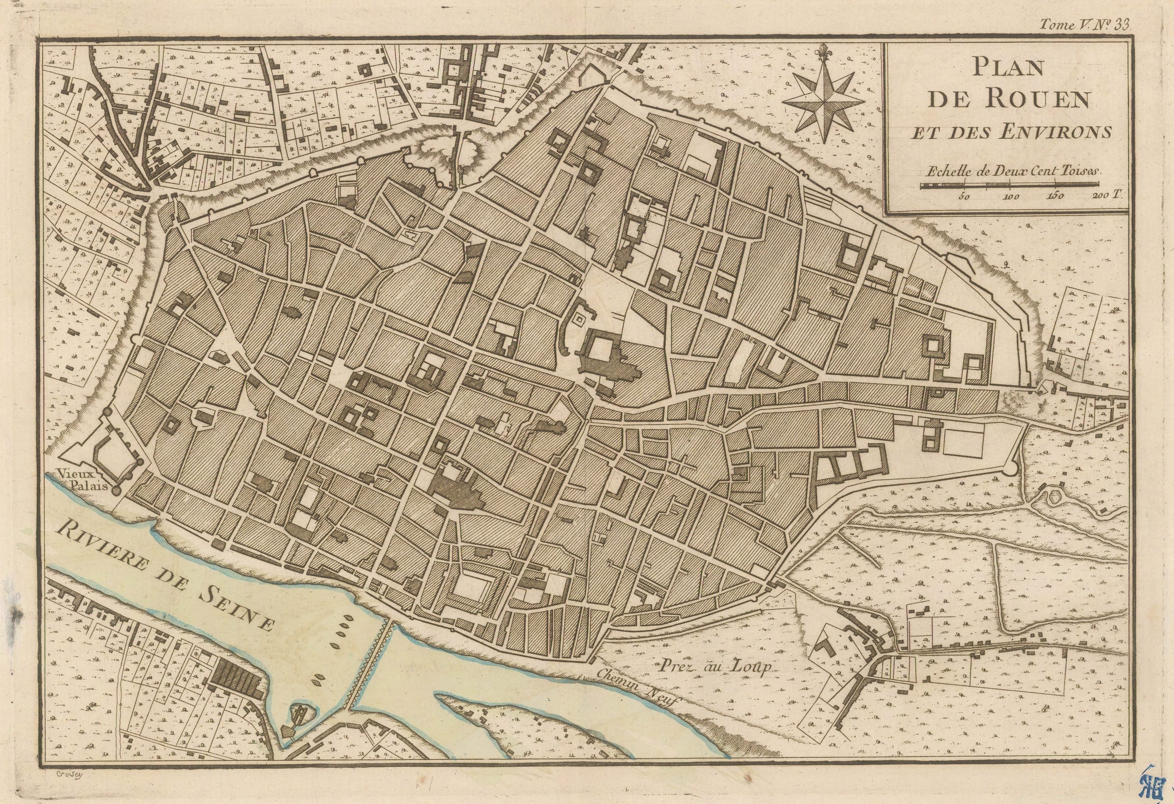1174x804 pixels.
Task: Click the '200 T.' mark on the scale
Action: tap(1109, 196)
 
